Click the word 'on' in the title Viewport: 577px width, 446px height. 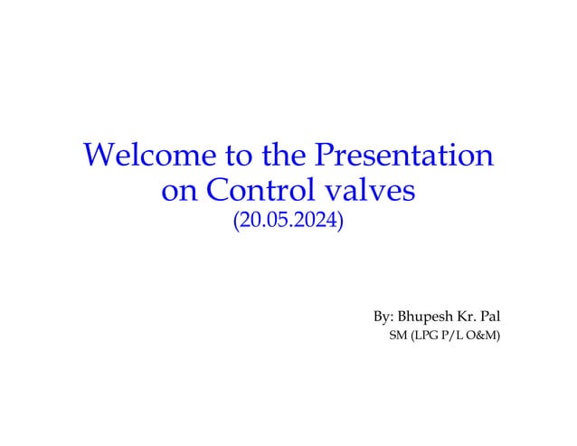pyautogui.click(x=177, y=192)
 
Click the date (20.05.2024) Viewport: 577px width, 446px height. pyautogui.click(x=288, y=221)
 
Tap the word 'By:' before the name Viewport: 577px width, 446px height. pyautogui.click(x=383, y=318)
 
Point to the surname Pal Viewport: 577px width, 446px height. pyautogui.click(x=494, y=318)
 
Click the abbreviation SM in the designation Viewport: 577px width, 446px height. pyautogui.click(x=396, y=337)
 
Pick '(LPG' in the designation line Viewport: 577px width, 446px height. pyautogui.click(x=424, y=337)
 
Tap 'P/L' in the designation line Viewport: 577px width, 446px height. pyautogui.click(x=456, y=337)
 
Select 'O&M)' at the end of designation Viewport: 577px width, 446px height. pyautogui.click(x=487, y=337)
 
